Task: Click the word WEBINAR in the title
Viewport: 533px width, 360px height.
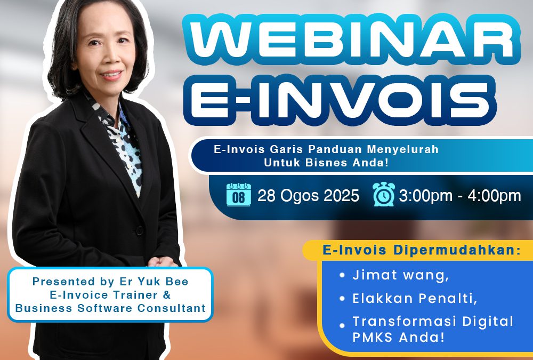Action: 351,40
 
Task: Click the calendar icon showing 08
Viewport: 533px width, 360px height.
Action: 239,195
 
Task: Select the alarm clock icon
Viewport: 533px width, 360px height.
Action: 384,194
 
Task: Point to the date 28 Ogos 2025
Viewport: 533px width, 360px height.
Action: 308,196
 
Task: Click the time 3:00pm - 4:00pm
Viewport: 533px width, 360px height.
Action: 460,196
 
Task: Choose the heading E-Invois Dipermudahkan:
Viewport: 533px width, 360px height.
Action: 422,250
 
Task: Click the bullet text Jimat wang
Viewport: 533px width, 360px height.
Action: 401,275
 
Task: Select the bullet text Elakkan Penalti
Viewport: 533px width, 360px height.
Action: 415,299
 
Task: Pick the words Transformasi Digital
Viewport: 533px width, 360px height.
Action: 433,322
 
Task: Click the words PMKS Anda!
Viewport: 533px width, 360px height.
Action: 398,337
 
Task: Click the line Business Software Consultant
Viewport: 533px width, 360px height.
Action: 110,308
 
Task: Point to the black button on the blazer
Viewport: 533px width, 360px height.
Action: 139,230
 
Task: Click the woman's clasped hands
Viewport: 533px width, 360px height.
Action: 163,262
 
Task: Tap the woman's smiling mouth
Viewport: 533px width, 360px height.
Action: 111,75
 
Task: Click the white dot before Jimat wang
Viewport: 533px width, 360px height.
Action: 342,275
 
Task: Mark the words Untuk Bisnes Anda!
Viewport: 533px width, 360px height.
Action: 326,163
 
